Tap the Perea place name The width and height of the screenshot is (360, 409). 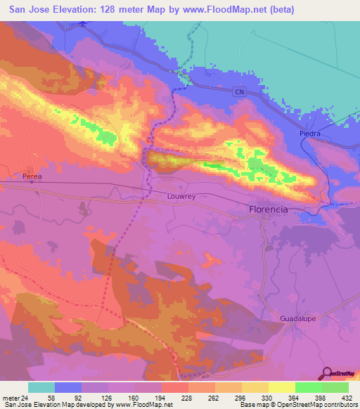[33, 176]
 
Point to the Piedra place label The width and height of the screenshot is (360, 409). [309, 134]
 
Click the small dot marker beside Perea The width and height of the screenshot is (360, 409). [32, 181]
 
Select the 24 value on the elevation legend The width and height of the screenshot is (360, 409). [26, 397]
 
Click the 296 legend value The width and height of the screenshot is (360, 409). [242, 397]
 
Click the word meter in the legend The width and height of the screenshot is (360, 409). [11, 397]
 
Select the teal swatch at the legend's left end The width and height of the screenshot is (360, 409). [41, 387]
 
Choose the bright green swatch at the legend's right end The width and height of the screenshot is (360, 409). [335, 387]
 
